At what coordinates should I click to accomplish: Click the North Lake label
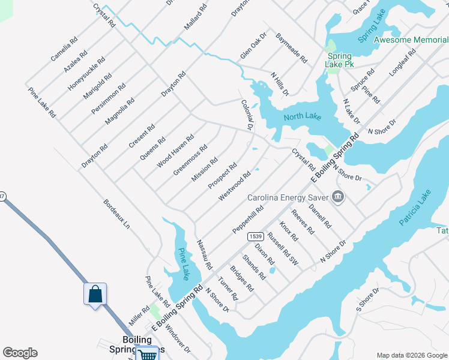[303, 117]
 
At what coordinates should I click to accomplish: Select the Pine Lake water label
[182, 263]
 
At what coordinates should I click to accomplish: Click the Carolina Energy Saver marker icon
[337, 197]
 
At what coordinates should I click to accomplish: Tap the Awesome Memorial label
[411, 40]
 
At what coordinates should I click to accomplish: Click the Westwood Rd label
[234, 187]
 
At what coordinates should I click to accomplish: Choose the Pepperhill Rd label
[248, 221]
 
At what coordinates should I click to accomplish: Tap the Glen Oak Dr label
[253, 46]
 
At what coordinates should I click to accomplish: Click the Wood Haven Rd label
[175, 151]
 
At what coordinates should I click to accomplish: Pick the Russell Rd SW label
[283, 248]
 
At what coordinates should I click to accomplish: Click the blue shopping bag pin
[95, 295]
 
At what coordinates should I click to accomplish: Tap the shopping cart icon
[148, 355]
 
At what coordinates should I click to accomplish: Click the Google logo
[20, 353]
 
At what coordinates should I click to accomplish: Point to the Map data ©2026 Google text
[411, 355]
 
